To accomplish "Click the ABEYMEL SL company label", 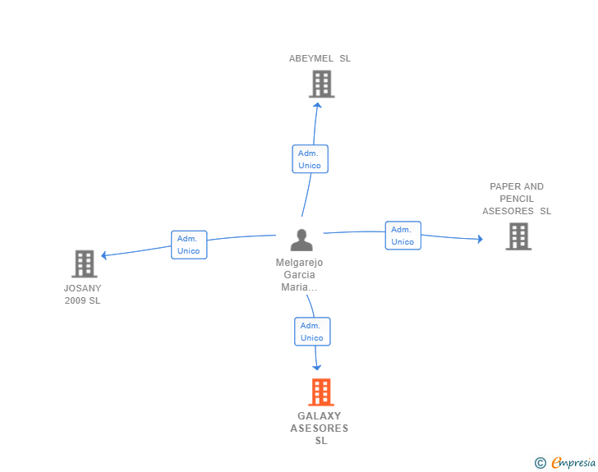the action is [320, 58].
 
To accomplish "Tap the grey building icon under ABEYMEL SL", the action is [322, 84].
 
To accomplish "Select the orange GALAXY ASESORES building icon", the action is [321, 392].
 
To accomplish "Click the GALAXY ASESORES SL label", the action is [320, 428].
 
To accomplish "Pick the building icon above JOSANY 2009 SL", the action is [85, 263].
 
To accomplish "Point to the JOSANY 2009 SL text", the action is [82, 295].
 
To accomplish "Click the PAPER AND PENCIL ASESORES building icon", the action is [518, 236].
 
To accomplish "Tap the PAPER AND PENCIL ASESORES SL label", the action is [517, 199].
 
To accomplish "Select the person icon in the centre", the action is [301, 240].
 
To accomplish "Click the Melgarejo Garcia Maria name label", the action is [299, 274].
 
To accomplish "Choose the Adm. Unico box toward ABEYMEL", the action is [310, 159].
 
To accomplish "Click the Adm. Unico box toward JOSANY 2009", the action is [189, 245].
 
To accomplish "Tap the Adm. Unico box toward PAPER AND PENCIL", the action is [403, 236].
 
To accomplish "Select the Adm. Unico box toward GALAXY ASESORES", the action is [312, 332].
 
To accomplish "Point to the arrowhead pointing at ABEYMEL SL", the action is [317, 105].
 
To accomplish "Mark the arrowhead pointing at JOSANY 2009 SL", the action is [103, 255].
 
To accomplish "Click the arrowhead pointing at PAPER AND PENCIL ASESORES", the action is [481, 239].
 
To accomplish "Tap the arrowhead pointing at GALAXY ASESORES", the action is [316, 368].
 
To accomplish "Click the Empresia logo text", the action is [573, 463].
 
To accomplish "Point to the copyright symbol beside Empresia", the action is [540, 463].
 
